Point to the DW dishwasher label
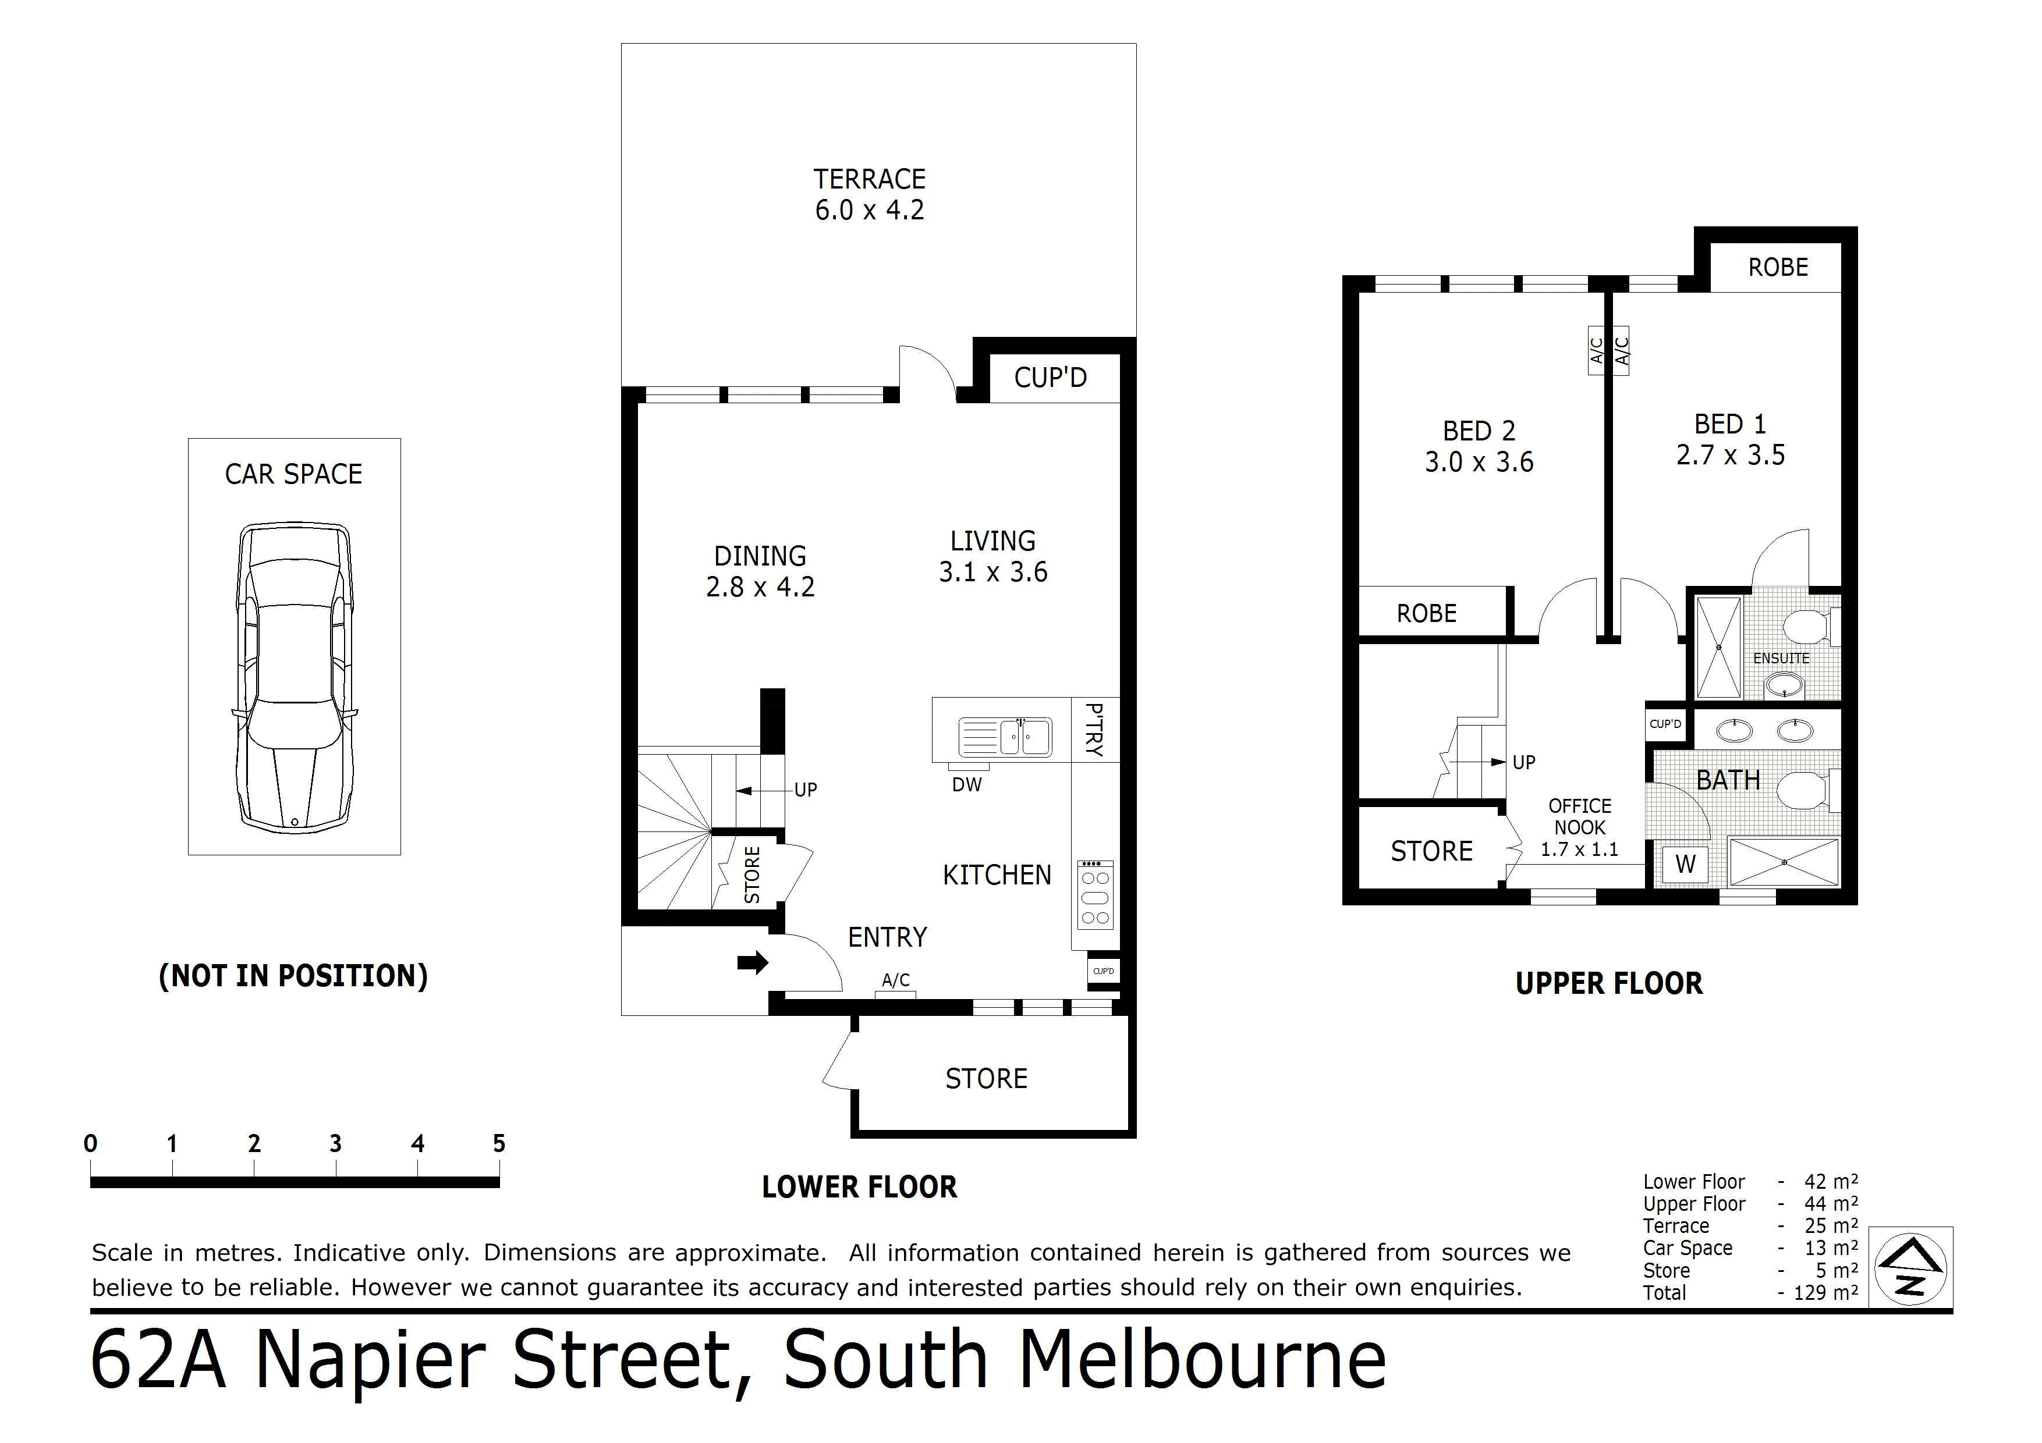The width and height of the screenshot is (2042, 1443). click(x=967, y=785)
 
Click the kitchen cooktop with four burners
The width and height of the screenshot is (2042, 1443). click(x=1095, y=894)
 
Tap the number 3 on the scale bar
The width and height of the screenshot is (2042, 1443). click(x=335, y=1145)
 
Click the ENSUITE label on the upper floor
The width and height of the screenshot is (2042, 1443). click(x=1781, y=659)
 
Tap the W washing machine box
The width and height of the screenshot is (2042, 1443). click(x=1685, y=864)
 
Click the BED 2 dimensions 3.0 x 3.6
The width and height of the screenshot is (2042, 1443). click(x=1479, y=463)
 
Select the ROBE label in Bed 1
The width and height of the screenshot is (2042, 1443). click(x=1778, y=268)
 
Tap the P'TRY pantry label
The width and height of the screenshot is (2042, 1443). click(x=1096, y=729)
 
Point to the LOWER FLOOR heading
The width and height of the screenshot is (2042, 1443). click(x=859, y=1187)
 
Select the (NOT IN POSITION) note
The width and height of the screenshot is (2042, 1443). click(x=293, y=975)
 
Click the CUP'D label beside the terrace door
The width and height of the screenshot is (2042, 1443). click(x=1050, y=378)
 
